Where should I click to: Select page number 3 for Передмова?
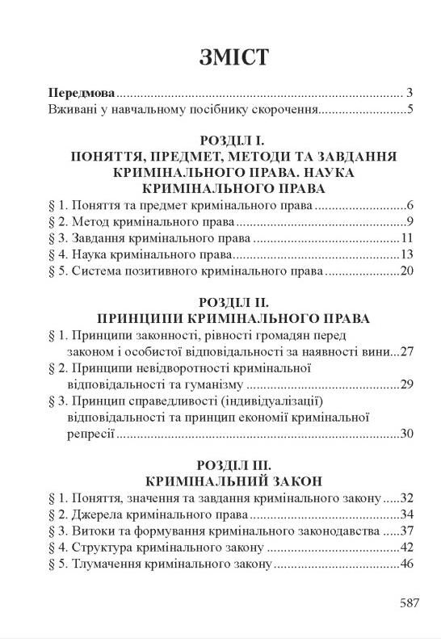(x=410, y=93)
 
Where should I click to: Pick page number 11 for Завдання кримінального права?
(x=406, y=240)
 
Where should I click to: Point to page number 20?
(x=405, y=273)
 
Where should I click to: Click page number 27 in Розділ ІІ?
(x=405, y=352)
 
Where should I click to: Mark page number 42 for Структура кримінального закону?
(x=405, y=548)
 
